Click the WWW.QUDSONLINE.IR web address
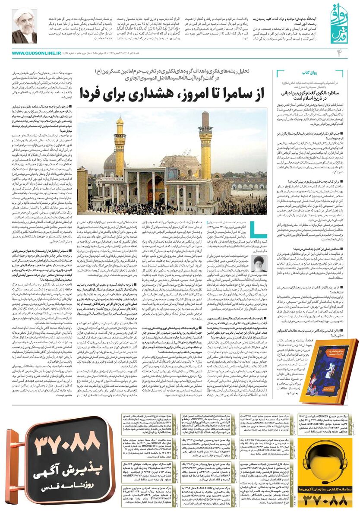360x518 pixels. (36, 53)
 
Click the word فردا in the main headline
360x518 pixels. (104, 93)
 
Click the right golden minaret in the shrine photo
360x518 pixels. (205, 142)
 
